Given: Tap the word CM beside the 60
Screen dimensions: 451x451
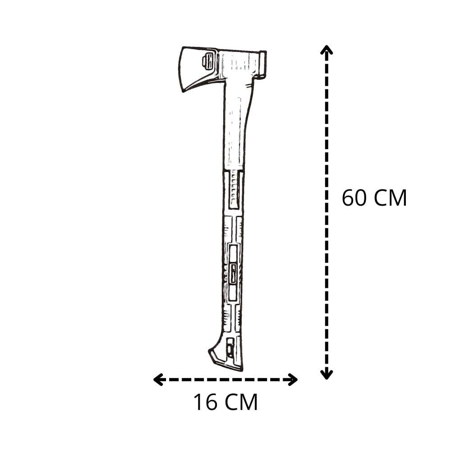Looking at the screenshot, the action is pyautogui.click(x=390, y=198).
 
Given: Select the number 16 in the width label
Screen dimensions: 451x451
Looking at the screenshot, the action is pyautogui.click(x=206, y=402).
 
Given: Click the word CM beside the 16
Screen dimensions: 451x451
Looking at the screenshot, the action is pyautogui.click(x=241, y=402).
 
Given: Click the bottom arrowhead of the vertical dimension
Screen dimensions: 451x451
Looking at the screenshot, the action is pyautogui.click(x=327, y=374).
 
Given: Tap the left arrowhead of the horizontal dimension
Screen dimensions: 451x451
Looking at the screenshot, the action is pyautogui.click(x=158, y=380).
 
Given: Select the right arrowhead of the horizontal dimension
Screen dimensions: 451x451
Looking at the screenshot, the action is pyautogui.click(x=293, y=380).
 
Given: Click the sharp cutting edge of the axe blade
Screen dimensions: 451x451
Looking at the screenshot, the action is pyautogui.click(x=181, y=69).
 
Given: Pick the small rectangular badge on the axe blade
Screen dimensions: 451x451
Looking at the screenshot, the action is pyautogui.click(x=208, y=61).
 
